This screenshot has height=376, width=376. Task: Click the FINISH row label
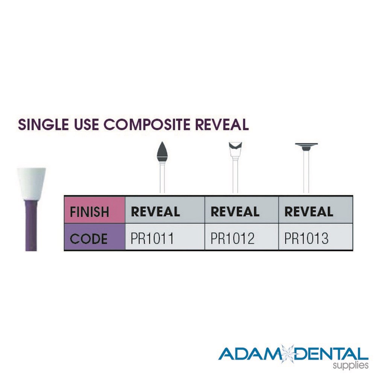tap(89, 212)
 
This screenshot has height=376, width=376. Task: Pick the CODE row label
tap(88, 239)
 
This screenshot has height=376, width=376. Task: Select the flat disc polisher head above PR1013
tap(306, 146)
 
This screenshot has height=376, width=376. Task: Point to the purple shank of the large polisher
tap(32, 222)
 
